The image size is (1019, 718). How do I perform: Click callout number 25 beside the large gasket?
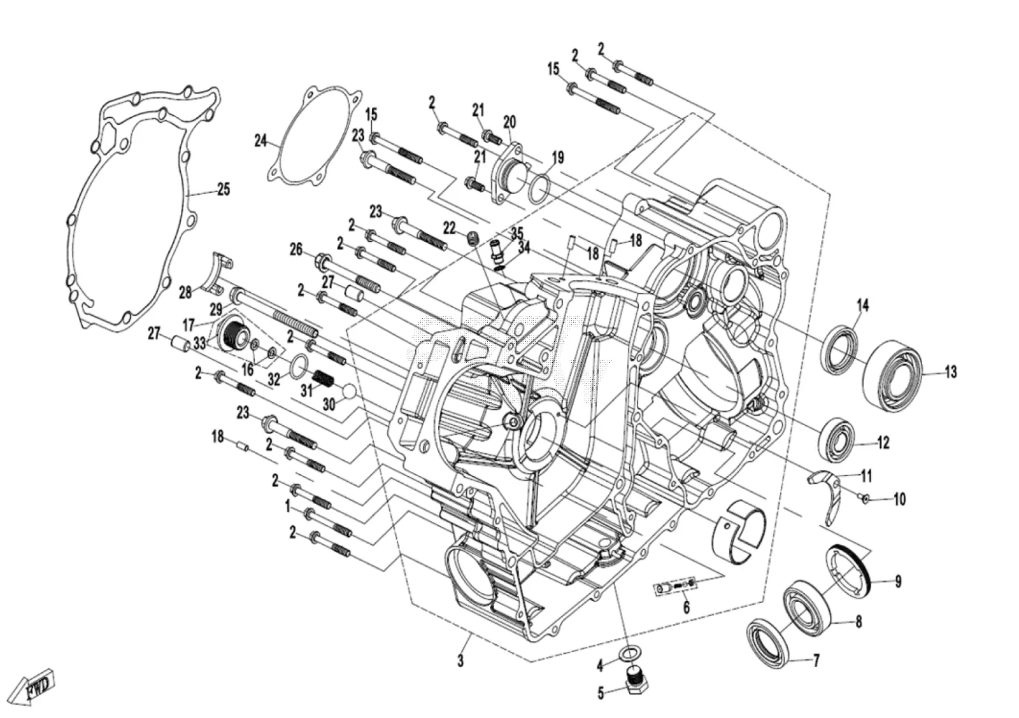click(223, 188)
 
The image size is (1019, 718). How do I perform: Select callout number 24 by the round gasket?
click(260, 141)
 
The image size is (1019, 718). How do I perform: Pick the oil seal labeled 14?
click(841, 349)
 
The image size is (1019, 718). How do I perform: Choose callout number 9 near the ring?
click(898, 582)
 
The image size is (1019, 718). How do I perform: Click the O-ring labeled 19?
click(539, 189)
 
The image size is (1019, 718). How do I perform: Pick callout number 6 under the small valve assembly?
click(686, 607)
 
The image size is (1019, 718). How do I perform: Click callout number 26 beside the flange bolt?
click(296, 249)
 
